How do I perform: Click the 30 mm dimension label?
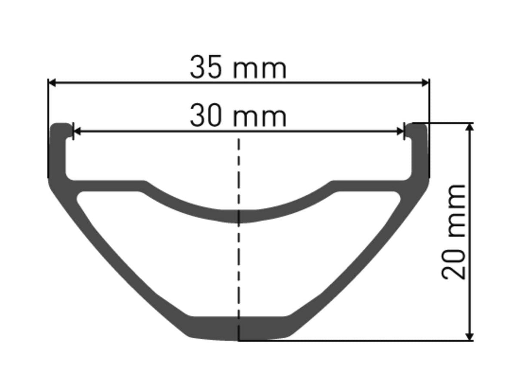click(238, 116)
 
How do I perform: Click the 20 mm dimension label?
click(454, 232)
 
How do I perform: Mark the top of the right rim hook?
click(418, 126)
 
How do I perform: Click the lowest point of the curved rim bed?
click(239, 216)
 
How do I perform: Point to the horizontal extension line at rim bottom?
click(357, 340)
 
